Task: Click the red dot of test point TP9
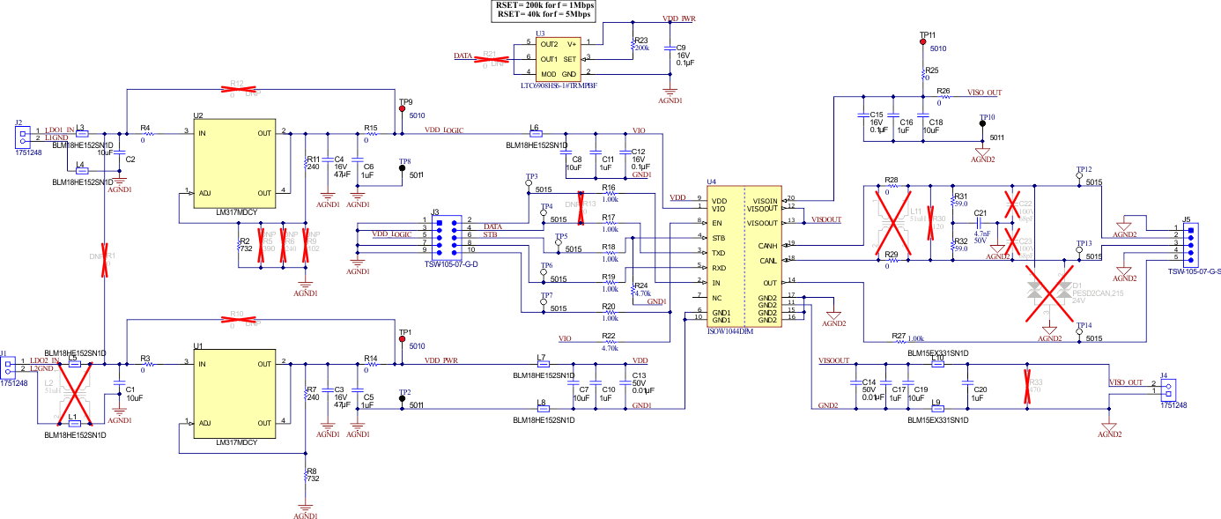point(402,109)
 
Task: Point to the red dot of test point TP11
point(922,41)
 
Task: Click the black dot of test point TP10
point(981,124)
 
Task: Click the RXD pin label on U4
point(719,267)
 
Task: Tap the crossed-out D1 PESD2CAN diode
point(1049,292)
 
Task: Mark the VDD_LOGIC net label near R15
point(444,130)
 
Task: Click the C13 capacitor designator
point(639,375)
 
